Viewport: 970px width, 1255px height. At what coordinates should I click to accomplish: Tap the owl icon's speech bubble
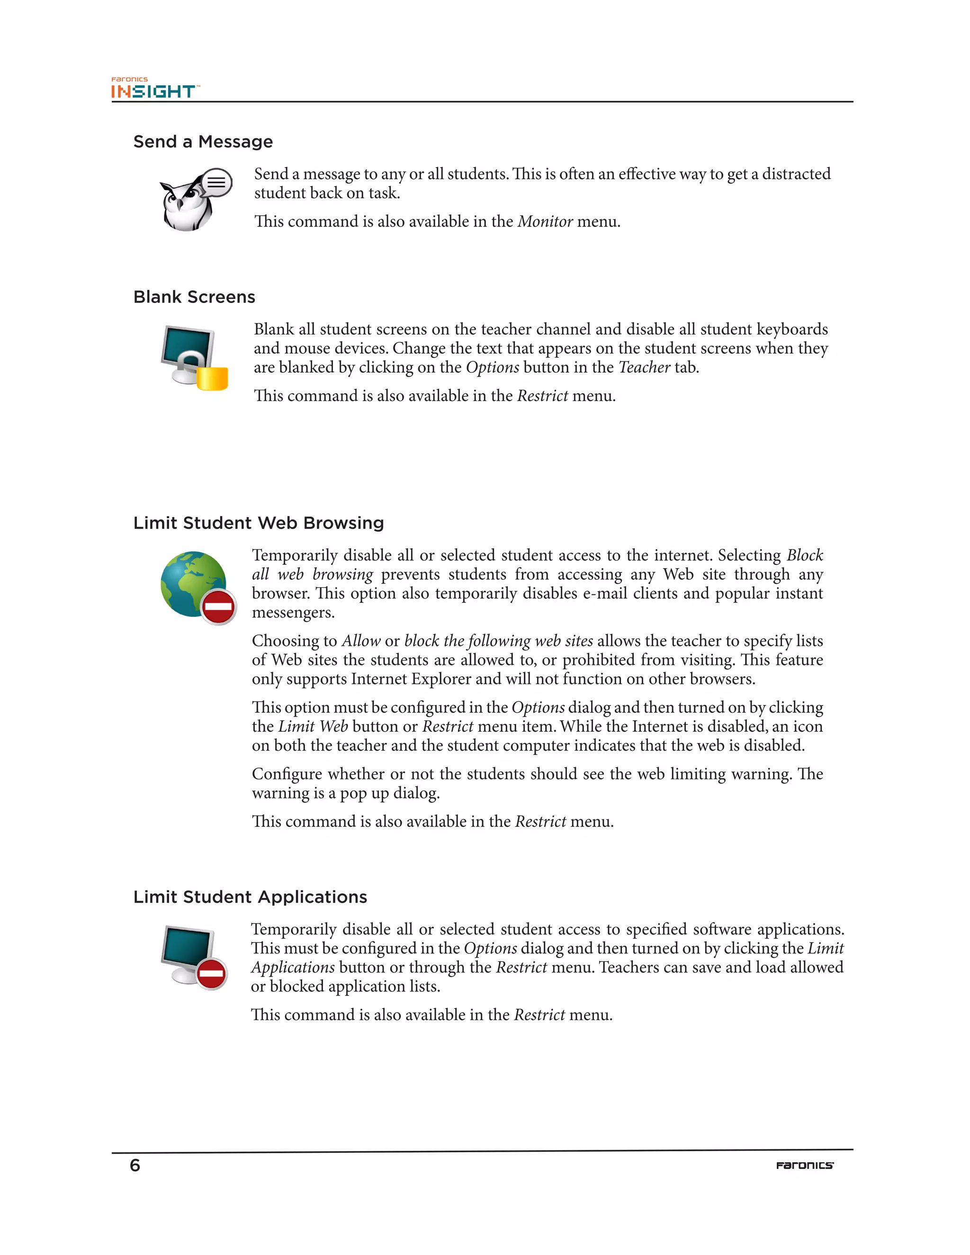[216, 183]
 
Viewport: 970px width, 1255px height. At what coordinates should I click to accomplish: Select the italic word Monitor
[545, 222]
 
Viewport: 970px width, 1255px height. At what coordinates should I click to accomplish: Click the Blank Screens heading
[194, 297]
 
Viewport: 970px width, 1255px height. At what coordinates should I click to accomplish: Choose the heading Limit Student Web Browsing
[259, 523]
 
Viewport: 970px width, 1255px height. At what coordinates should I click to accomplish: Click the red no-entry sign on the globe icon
[218, 606]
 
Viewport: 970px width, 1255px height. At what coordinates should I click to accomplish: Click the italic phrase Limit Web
[313, 727]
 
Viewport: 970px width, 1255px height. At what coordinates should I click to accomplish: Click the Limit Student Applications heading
[250, 897]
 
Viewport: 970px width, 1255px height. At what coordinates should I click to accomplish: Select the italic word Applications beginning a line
[293, 968]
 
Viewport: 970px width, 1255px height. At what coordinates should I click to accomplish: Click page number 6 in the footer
[135, 1165]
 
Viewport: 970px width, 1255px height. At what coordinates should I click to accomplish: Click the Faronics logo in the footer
[805, 1165]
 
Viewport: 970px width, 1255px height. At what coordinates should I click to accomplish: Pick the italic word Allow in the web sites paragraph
[361, 641]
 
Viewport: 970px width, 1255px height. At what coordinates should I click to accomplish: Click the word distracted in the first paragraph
[796, 174]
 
